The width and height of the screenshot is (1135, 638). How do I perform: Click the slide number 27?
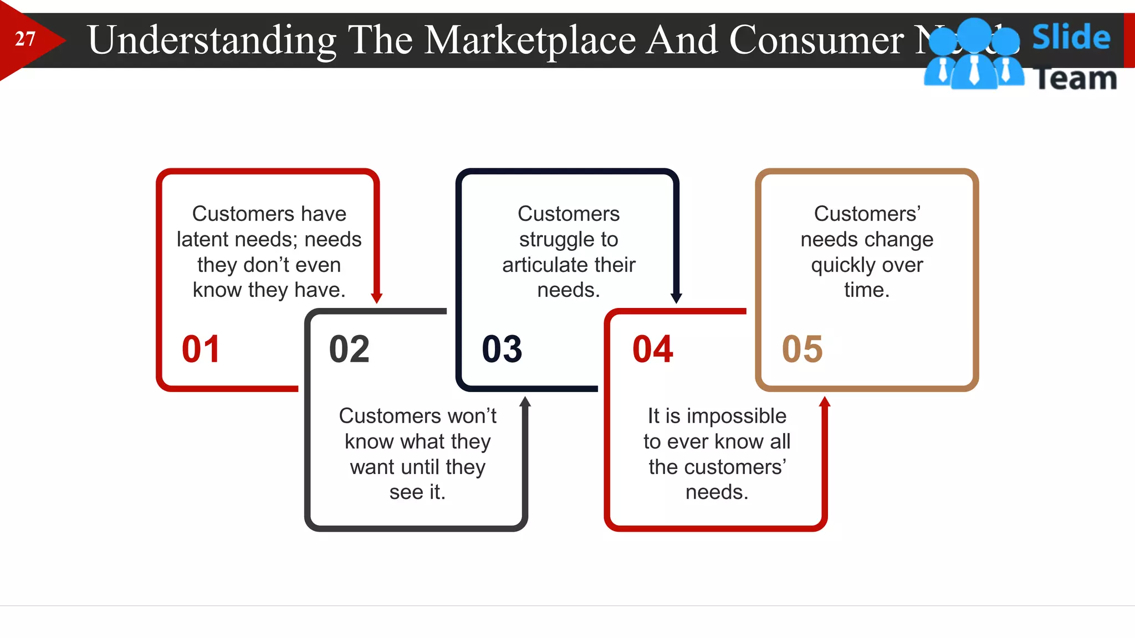[25, 39]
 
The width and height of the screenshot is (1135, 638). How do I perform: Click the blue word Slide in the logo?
[1071, 37]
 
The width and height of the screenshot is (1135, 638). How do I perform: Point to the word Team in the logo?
[1075, 78]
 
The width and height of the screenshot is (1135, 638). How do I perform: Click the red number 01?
[201, 349]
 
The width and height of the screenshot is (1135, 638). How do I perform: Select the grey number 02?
[349, 349]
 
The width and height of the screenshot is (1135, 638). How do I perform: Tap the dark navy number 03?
[502, 349]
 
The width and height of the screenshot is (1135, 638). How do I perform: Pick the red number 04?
[652, 349]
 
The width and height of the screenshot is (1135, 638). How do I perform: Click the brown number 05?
[802, 349]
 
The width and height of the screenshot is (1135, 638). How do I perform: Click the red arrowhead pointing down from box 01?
[377, 297]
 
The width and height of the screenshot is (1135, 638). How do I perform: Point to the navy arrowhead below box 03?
[676, 297]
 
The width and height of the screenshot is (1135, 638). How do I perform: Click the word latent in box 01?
[202, 239]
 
